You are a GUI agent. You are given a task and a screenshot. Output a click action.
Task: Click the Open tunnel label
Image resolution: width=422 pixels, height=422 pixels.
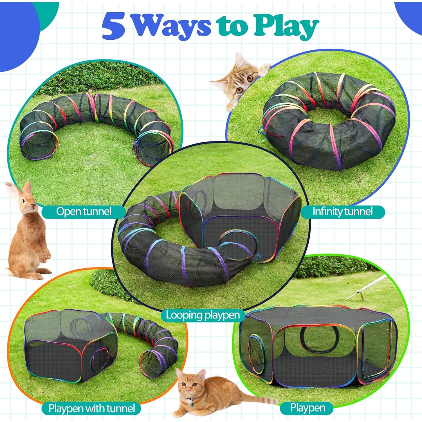(84, 212)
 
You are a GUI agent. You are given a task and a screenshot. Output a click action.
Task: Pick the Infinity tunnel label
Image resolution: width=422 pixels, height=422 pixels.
(342, 212)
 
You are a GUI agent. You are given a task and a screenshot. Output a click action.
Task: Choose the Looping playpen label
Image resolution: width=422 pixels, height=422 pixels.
(203, 315)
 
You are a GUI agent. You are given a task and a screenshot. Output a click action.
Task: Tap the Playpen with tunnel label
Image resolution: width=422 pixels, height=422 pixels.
(91, 408)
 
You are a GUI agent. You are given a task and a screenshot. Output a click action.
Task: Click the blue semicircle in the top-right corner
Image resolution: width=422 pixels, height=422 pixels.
(409, 15)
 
